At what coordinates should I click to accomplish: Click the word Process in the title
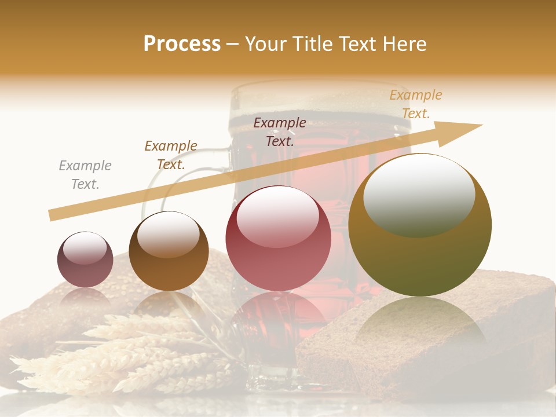tap(182, 44)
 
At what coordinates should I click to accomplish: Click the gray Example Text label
tap(85, 175)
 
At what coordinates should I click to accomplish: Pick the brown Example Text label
tap(171, 155)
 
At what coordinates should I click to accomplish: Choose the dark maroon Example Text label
tap(280, 131)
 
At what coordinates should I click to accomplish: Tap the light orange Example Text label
tap(415, 104)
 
